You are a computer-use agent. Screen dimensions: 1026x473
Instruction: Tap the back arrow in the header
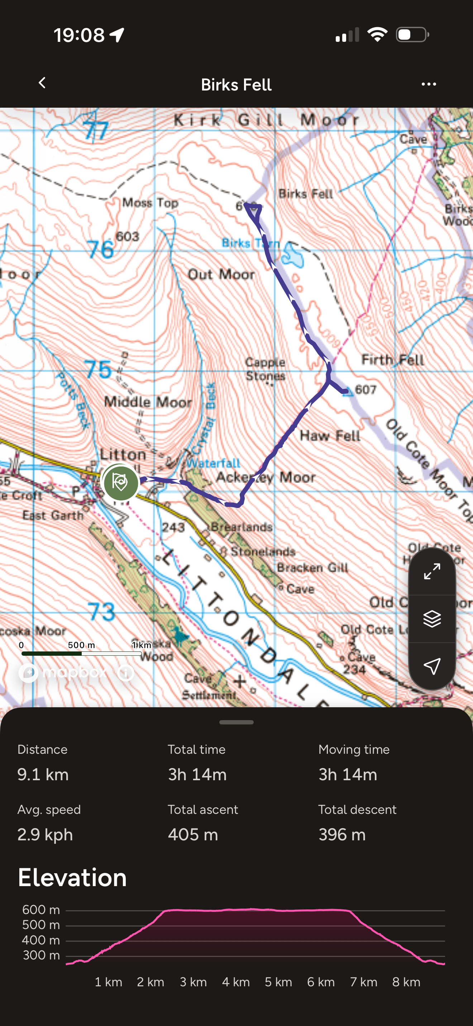(42, 83)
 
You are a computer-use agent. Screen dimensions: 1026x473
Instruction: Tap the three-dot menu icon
(428, 84)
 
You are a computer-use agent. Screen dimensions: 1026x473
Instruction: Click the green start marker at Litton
(120, 482)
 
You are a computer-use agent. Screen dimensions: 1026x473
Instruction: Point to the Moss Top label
(150, 202)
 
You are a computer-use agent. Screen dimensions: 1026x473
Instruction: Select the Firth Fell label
(392, 360)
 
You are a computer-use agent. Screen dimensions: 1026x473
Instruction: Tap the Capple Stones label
(265, 369)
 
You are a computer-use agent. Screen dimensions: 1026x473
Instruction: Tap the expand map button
(432, 572)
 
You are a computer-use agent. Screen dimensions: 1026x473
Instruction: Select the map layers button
(432, 619)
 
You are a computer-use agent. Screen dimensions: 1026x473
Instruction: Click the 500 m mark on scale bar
(81, 645)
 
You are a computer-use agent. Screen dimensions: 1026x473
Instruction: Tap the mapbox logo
(64, 673)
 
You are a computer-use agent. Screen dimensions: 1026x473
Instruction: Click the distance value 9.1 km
(43, 775)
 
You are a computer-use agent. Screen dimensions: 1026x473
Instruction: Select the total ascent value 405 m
(193, 834)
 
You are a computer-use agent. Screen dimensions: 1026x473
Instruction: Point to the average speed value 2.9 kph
(45, 834)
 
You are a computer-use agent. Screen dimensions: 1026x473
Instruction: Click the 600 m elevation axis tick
(41, 910)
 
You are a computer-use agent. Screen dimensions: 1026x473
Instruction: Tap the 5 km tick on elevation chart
(278, 982)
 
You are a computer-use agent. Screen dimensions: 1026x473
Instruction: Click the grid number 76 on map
(100, 250)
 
